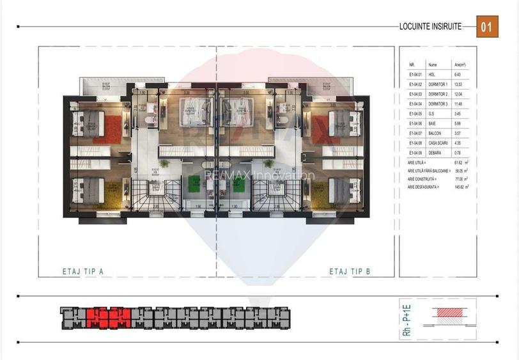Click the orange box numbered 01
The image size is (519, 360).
point(487,27)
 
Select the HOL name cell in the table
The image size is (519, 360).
point(432,75)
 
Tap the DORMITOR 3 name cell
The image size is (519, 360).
point(438,104)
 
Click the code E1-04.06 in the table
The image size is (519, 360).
point(416,123)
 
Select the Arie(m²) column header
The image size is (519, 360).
point(460,65)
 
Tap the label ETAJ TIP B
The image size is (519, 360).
point(350,272)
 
